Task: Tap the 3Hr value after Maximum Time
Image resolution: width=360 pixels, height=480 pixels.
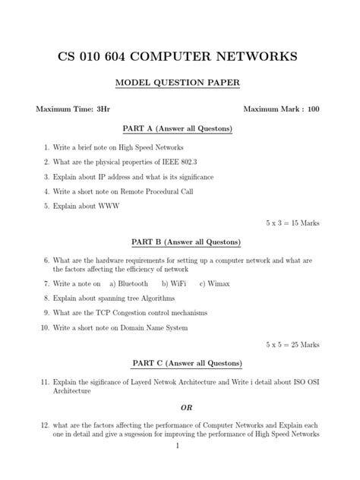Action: point(103,109)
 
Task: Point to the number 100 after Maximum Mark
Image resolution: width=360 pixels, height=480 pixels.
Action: point(313,109)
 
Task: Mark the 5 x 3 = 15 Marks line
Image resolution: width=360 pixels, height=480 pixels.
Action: point(292,224)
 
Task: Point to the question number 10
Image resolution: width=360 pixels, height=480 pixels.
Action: point(45,327)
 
